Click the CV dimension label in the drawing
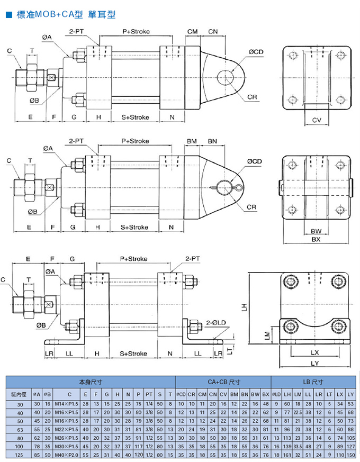pos(317,121)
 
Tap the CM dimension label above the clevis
pos(193,32)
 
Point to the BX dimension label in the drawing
pos(317,239)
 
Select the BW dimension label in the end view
pos(317,231)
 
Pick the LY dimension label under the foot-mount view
pos(315,363)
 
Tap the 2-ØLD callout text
pos(217,322)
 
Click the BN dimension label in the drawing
pos(212,141)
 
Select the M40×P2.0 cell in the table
pos(69,455)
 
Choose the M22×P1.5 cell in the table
pos(69,429)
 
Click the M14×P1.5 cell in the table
pos(69,404)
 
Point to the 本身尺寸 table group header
pos(91,381)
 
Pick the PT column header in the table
pos(149,394)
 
